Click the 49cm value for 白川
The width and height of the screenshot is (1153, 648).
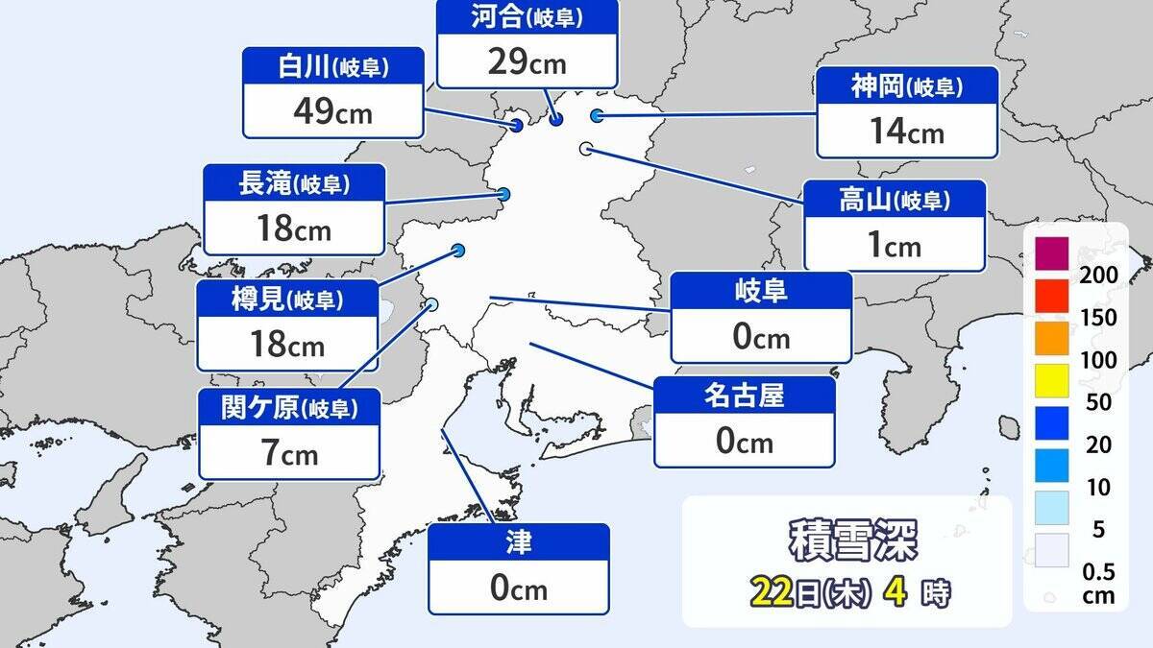tap(332, 112)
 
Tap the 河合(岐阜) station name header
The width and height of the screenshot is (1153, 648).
tap(527, 15)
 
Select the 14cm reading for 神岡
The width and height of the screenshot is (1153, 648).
tap(906, 132)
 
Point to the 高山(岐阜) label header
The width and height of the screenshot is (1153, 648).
tap(895, 201)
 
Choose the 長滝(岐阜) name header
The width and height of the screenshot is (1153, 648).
tap(294, 184)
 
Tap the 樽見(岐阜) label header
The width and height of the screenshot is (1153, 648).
tap(287, 300)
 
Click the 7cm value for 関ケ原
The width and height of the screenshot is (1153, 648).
tap(288, 453)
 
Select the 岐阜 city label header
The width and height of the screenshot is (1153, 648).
tap(760, 291)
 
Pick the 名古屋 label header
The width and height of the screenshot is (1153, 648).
tap(745, 395)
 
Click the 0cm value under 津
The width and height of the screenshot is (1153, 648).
tap(518, 588)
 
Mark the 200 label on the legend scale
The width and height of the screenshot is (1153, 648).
tap(1099, 276)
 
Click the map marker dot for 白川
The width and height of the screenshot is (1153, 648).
tap(517, 125)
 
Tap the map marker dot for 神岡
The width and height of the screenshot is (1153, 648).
tap(597, 115)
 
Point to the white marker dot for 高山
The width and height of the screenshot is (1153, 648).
tap(585, 148)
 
